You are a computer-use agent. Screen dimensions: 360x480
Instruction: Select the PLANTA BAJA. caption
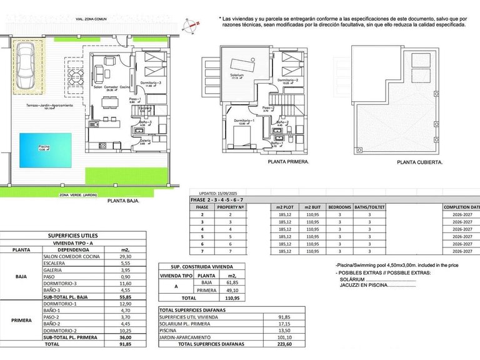pos(123,201)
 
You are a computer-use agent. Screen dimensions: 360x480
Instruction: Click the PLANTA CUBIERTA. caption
pos(419,161)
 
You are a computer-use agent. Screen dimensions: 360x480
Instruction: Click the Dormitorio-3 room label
pos(150,83)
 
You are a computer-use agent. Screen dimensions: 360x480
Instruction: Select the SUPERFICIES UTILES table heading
pos(73,235)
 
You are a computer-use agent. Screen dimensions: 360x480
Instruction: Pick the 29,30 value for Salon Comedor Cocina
pos(124,256)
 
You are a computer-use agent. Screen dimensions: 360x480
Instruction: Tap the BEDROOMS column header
pos(339,206)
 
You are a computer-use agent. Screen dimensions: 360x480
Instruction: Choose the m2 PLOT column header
pos(284,206)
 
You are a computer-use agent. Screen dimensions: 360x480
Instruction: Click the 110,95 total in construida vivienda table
pos(232,299)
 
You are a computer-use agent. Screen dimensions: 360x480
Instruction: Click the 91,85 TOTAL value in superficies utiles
pos(124,343)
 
